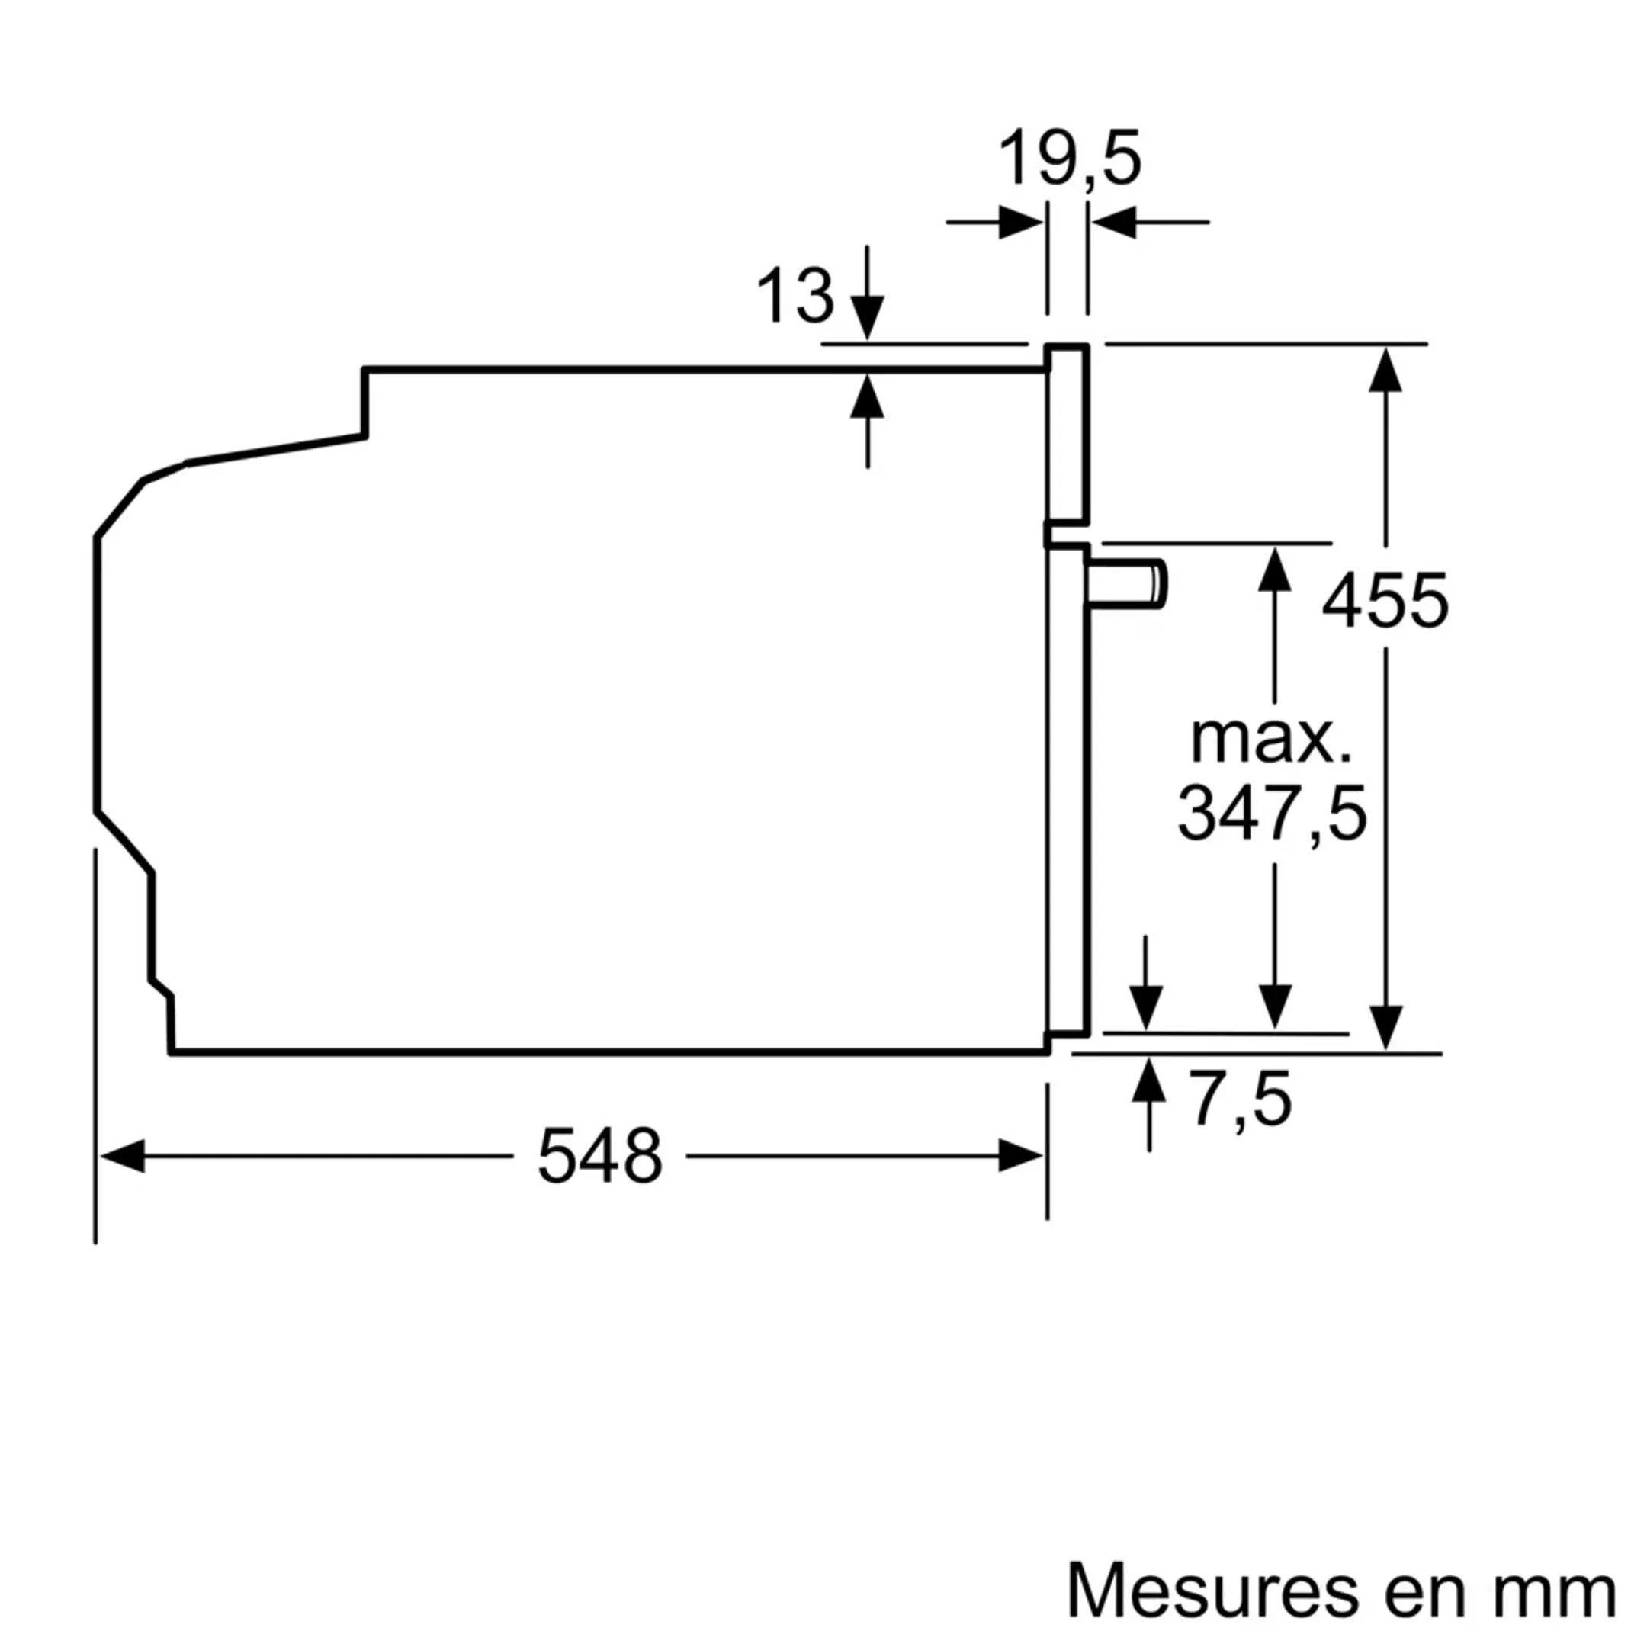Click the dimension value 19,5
[1068, 159]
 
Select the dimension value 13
[795, 296]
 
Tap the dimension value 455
[1385, 601]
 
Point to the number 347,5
[1272, 814]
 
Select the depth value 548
[599, 1157]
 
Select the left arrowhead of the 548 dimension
[122, 1156]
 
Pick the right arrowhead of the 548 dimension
[1020, 1156]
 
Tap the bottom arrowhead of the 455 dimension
[1385, 1027]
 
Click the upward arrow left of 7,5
[1149, 1080]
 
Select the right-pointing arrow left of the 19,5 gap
[1019, 223]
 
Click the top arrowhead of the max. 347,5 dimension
[1274, 570]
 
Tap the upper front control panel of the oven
[1068, 435]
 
